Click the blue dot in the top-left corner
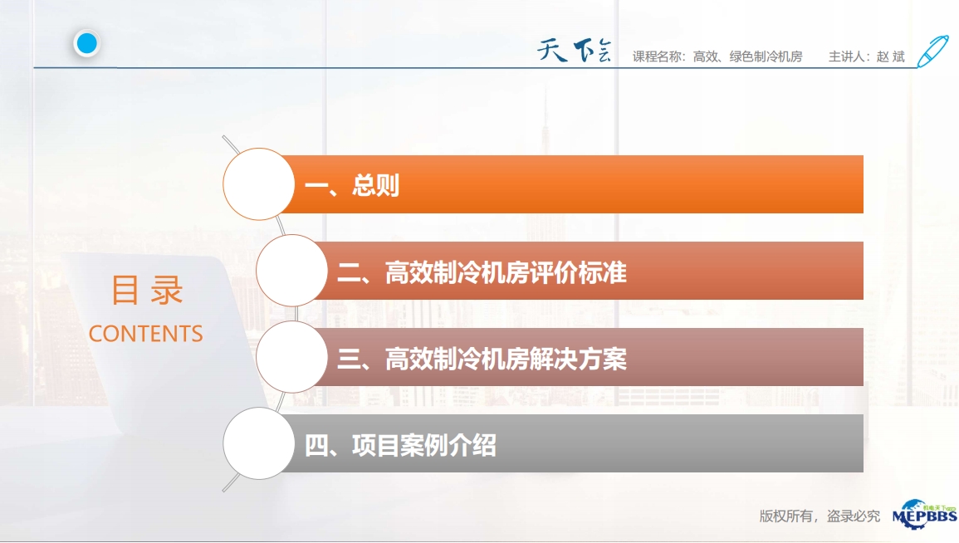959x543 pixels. coord(87,43)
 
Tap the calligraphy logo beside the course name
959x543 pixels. coord(574,50)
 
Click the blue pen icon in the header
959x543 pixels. coord(932,51)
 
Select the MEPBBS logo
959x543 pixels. coord(924,514)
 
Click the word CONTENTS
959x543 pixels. coord(145,334)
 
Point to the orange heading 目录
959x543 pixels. coord(147,290)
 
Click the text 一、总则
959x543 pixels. coord(352,185)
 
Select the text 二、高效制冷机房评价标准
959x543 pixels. coord(482,272)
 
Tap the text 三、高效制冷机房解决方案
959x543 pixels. coord(482,359)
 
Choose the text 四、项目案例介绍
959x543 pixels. coord(400,445)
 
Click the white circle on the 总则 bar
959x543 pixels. coord(259,184)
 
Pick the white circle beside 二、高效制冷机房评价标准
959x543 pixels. coord(291,271)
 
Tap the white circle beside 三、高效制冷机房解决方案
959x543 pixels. coord(291,357)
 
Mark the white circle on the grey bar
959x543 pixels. coord(259,443)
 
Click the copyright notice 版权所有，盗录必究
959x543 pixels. coord(820,516)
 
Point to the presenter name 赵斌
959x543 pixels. coord(890,56)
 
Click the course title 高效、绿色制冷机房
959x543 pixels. coord(747,56)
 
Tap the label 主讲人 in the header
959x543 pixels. coord(846,56)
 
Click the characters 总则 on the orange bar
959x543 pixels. coord(375,185)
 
